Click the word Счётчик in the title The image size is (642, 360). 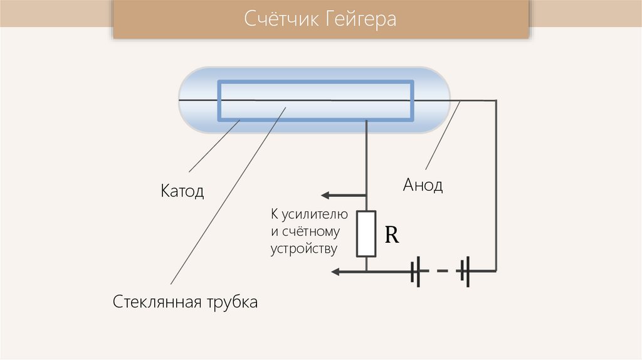[x=280, y=19]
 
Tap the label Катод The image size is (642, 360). [x=182, y=191]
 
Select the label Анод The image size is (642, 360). [x=423, y=185]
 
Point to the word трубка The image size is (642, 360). [x=233, y=302]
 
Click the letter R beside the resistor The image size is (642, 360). [x=392, y=235]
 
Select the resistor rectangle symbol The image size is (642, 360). [x=366, y=234]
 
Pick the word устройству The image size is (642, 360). [x=304, y=248]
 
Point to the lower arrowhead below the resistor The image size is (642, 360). [x=337, y=272]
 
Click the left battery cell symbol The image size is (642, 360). [x=416, y=272]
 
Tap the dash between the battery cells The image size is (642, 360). [x=442, y=271]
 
